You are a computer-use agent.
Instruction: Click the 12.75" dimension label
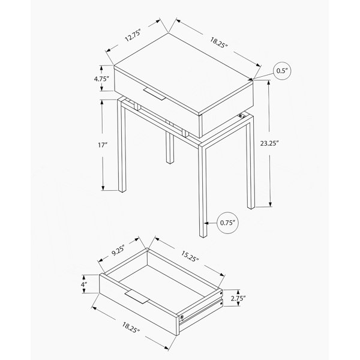tap(133, 36)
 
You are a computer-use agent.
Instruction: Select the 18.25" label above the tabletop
tap(219, 43)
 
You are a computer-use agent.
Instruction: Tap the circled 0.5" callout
tap(282, 71)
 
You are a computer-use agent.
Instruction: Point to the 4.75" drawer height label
tap(101, 79)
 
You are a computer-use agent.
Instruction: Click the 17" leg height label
tap(103, 145)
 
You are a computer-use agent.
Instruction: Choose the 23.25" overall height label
tap(269, 143)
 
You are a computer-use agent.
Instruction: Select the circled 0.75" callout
tap(228, 223)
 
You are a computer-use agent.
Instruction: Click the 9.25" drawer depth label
tap(118, 250)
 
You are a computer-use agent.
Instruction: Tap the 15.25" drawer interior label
tap(190, 256)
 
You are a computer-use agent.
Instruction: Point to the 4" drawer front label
tap(84, 284)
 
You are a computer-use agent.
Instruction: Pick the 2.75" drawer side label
tap(238, 298)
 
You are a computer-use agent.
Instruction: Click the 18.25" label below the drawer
tap(131, 328)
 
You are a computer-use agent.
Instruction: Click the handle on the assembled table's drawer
tap(155, 94)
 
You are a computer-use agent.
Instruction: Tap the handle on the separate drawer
tap(137, 296)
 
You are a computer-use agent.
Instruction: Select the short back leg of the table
tap(169, 148)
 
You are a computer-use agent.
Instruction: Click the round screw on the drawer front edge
tap(182, 317)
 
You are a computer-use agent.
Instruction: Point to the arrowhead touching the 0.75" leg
tap(206, 223)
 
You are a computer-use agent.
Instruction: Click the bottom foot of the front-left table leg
tap(122, 190)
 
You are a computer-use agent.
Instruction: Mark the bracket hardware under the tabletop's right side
tap(241, 116)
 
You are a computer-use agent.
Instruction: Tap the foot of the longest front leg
tap(203, 235)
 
